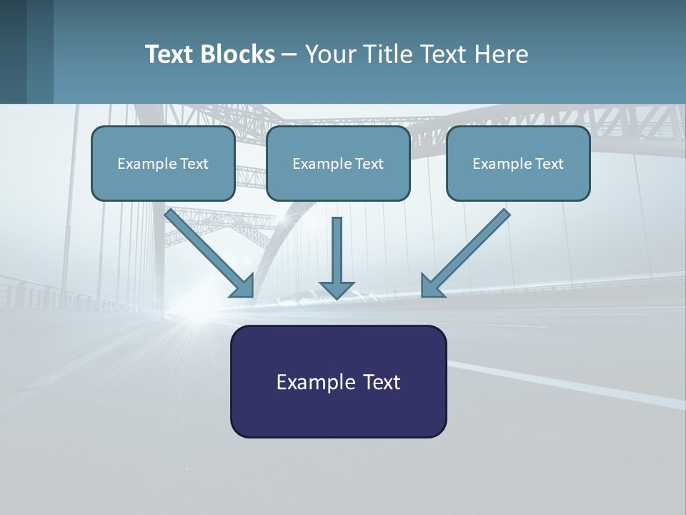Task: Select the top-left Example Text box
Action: coord(163,163)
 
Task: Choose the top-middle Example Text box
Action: coord(338,163)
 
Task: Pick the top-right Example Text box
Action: coord(518,163)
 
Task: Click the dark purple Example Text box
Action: coord(338,381)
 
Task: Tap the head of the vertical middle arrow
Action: coord(337,290)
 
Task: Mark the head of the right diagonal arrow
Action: coord(431,286)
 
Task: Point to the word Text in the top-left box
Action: coord(194,164)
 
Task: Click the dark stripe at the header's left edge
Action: coord(13,51)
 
